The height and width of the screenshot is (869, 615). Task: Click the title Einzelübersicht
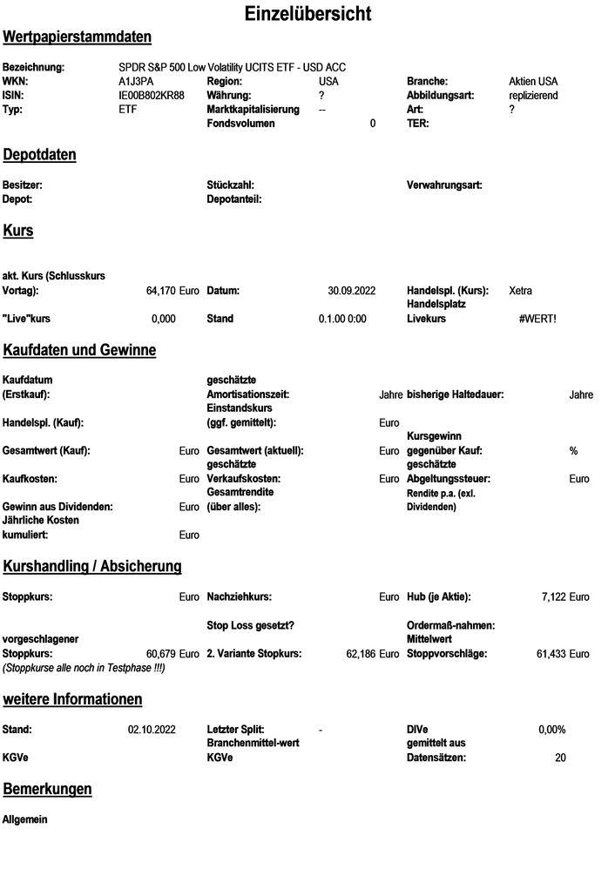click(307, 14)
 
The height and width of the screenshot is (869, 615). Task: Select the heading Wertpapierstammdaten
click(77, 37)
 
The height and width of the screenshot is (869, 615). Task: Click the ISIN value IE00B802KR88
click(152, 95)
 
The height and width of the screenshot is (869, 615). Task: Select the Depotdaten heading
click(39, 155)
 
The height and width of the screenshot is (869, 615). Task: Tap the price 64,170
click(161, 291)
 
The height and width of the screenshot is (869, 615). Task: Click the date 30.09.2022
click(351, 291)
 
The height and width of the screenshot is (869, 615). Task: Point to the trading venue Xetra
click(520, 291)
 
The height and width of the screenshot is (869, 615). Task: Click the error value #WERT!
click(537, 319)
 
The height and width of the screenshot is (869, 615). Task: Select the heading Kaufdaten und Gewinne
click(79, 351)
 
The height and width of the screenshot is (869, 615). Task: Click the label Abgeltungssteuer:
click(449, 479)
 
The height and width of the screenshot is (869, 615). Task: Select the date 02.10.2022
click(151, 730)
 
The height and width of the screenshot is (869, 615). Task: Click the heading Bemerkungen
click(47, 790)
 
